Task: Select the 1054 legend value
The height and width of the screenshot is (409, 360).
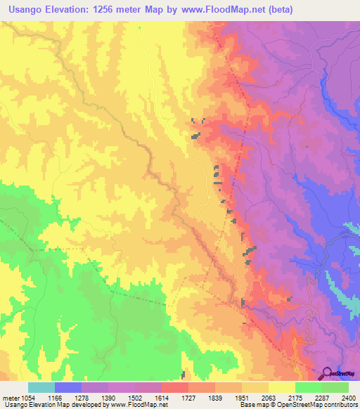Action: click(24, 397)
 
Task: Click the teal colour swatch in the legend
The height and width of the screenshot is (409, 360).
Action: click(41, 387)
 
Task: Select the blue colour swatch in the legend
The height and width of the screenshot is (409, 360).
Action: click(67, 387)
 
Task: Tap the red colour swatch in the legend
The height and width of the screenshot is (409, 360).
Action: click(174, 387)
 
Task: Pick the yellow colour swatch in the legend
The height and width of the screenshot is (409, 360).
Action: click(281, 387)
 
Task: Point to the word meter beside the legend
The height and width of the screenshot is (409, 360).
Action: click(8, 397)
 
